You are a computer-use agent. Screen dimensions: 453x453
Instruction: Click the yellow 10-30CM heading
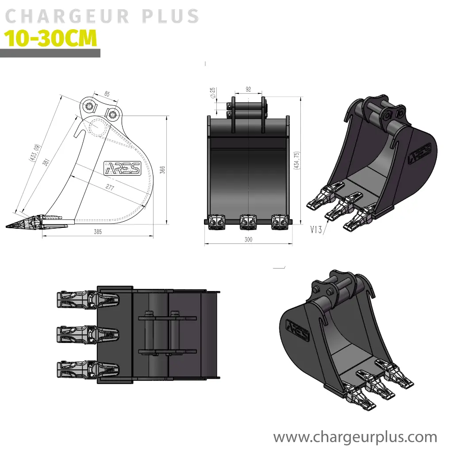(50, 39)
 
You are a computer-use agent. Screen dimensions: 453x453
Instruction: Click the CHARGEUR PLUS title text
(102, 16)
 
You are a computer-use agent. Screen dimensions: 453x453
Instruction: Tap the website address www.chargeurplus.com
(355, 437)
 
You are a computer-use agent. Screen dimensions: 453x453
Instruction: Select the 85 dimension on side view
(107, 94)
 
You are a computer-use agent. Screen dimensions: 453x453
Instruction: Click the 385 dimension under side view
(98, 232)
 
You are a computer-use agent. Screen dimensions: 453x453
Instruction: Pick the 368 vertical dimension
(162, 170)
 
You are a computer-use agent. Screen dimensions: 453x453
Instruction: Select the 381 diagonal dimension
(46, 162)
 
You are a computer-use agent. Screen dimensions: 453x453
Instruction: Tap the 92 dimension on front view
(248, 89)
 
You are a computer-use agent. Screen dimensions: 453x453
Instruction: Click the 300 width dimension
(248, 239)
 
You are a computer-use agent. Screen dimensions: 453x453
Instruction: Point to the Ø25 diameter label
(213, 92)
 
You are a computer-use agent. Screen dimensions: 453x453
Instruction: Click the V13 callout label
(316, 229)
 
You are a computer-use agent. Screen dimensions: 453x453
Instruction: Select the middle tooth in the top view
(88, 334)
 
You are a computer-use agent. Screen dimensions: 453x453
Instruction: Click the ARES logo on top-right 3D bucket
(419, 153)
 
